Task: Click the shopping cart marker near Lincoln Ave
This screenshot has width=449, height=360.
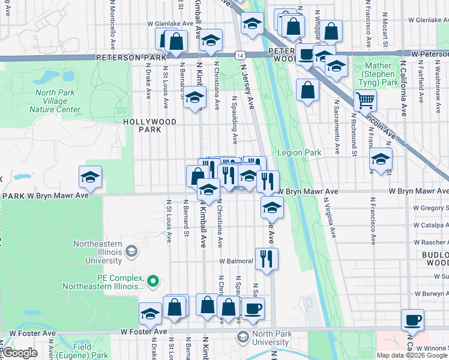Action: pos(365,100)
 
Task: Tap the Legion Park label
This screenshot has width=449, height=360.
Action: pos(299,153)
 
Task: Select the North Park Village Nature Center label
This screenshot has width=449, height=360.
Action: pos(58,101)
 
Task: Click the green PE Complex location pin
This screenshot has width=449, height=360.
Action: pos(153,280)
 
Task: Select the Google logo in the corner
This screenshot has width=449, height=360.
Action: pos(19,353)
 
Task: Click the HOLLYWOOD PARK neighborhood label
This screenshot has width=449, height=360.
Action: pos(150,125)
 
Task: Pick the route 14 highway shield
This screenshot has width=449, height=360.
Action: pos(240,55)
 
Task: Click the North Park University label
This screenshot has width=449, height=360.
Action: pos(271,338)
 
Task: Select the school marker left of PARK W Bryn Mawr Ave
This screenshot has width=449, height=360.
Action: pos(90,177)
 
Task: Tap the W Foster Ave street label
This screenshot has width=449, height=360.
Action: pos(143,331)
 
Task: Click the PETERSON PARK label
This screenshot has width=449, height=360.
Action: pos(137,58)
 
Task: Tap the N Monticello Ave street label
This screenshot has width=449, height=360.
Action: pos(113,24)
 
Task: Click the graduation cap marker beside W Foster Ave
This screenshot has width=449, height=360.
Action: pos(150,314)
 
